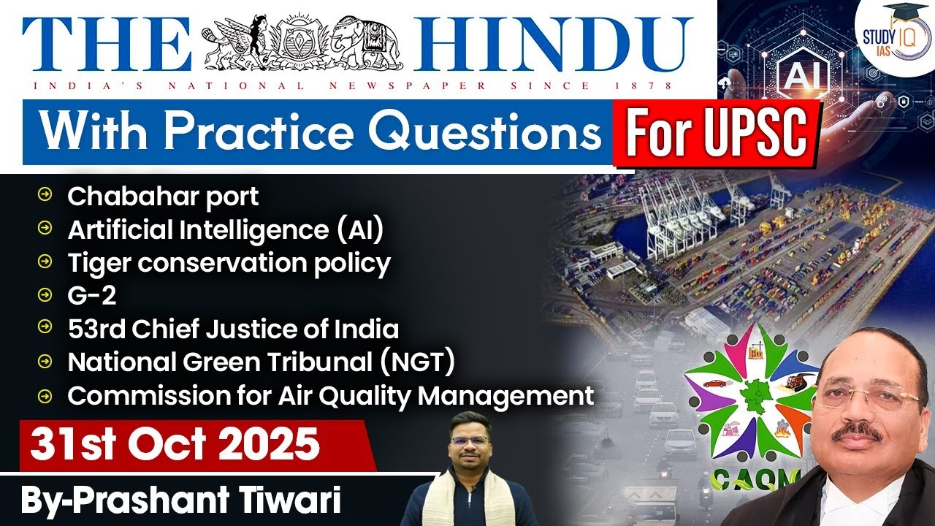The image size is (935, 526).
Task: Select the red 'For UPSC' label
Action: (717, 134)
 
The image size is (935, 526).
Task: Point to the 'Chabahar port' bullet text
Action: (163, 196)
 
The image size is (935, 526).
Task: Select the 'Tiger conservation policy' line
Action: (229, 262)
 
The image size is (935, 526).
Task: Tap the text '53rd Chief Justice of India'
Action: (233, 329)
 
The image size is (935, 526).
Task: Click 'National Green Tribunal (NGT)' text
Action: (262, 362)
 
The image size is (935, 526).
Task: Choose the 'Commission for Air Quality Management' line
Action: (330, 395)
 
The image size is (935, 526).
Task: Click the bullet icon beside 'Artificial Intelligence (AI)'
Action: (45, 229)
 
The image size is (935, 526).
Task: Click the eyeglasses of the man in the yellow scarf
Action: (469, 442)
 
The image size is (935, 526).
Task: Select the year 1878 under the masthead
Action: (652, 86)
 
